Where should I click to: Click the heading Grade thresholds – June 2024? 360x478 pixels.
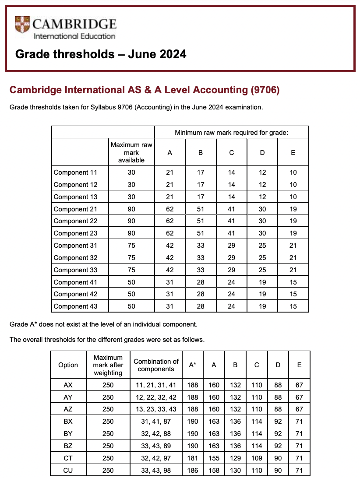tap(101, 54)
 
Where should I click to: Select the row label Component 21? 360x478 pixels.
tap(75, 209)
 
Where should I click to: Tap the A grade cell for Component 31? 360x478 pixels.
tap(170, 246)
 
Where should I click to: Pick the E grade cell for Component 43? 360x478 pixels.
tap(293, 306)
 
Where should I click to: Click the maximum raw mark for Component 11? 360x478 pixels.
tap(131, 172)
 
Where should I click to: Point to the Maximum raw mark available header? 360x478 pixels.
tap(131, 152)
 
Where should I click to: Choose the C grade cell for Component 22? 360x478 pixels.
tap(231, 221)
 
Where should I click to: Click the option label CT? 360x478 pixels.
tap(68, 458)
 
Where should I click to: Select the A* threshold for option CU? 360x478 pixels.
tap(192, 471)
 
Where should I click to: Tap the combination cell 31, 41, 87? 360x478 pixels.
tap(156, 422)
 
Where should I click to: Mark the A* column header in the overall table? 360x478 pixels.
tap(192, 365)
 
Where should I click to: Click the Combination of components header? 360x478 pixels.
tap(156, 365)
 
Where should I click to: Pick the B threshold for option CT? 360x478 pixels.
tap(235, 458)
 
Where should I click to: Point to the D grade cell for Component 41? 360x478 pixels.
tap(262, 282)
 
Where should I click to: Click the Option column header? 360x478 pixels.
tap(68, 365)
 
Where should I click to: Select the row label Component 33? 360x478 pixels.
tap(75, 270)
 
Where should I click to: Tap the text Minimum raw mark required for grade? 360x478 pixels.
tap(231, 132)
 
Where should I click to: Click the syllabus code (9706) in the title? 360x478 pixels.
tap(265, 90)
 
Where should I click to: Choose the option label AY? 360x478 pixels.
tap(68, 397)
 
